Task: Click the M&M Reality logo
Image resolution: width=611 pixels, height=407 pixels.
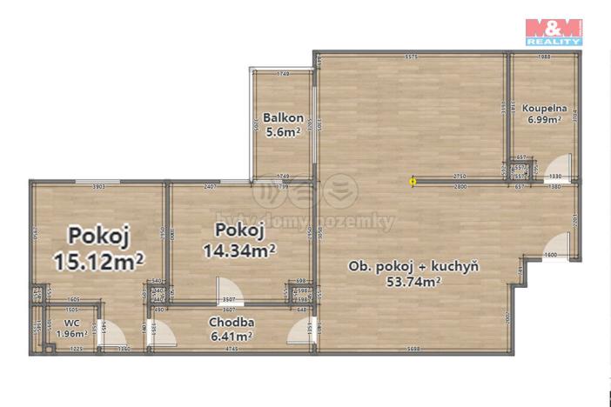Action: pyautogui.click(x=554, y=30)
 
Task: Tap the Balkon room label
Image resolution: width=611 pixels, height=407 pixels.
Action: pyautogui.click(x=284, y=118)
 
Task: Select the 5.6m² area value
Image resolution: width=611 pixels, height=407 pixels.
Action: pyautogui.click(x=284, y=132)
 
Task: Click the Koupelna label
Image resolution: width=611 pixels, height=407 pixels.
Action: pyautogui.click(x=545, y=109)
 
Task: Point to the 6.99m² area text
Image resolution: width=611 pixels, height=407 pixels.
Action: pyautogui.click(x=545, y=121)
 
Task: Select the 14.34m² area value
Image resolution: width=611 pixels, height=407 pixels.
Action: pyautogui.click(x=239, y=250)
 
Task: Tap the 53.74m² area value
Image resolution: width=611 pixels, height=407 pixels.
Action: pyautogui.click(x=414, y=280)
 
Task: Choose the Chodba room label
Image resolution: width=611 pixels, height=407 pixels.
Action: pyautogui.click(x=230, y=322)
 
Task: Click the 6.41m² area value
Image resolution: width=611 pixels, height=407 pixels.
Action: pyautogui.click(x=231, y=335)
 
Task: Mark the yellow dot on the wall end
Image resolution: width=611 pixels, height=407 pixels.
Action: pyautogui.click(x=413, y=182)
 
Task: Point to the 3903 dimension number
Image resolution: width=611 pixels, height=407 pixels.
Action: pyautogui.click(x=98, y=186)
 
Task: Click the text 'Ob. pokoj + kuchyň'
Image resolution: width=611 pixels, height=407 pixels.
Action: pyautogui.click(x=413, y=266)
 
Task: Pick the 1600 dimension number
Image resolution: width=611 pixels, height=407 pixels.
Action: pyautogui.click(x=550, y=255)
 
